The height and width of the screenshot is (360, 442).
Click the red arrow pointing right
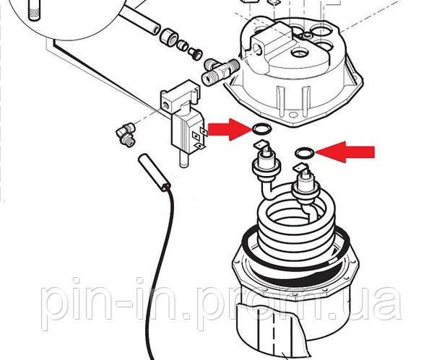[230, 130]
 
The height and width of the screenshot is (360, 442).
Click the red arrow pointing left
[345, 152]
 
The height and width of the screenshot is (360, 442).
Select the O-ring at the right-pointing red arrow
[262, 129]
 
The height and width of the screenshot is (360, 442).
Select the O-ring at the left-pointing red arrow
[305, 153]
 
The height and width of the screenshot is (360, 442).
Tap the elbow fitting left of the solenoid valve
[126, 135]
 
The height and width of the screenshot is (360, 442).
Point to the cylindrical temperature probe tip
[154, 172]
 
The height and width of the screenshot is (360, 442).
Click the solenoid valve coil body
[188, 133]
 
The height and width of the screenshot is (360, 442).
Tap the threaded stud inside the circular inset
[35, 10]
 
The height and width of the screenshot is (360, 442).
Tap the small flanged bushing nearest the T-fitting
[195, 53]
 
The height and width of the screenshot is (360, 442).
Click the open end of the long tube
[155, 29]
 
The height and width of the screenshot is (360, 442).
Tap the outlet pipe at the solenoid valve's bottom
[184, 159]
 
